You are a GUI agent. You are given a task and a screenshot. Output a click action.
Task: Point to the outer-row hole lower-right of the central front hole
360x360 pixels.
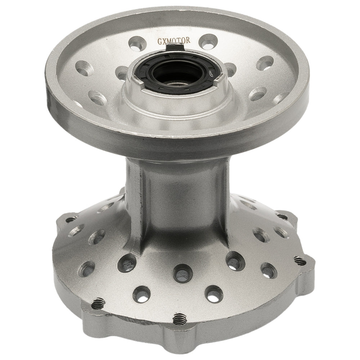click(214, 293)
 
